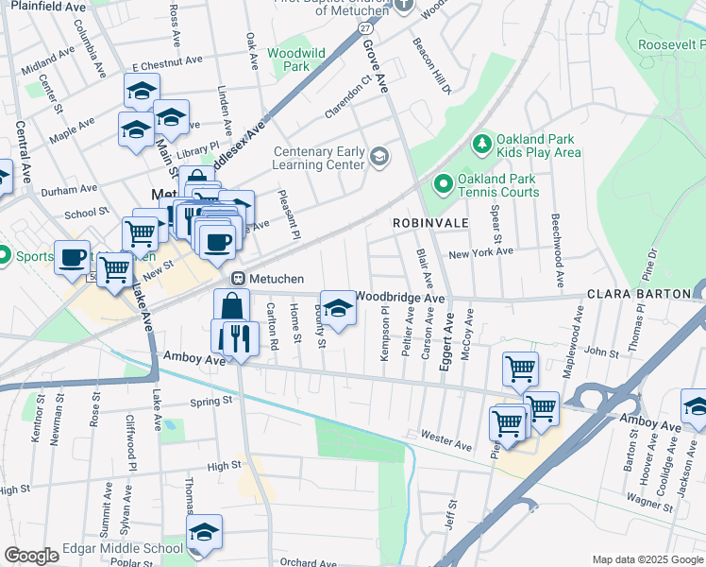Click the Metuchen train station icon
click(239, 278)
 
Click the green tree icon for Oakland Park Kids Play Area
click(482, 144)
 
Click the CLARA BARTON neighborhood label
click(640, 294)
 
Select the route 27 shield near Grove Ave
click(365, 29)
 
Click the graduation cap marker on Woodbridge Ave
click(338, 308)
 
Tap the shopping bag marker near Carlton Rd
click(232, 306)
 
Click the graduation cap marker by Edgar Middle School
click(204, 532)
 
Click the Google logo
click(31, 556)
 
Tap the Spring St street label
click(210, 401)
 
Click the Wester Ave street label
click(445, 440)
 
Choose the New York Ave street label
click(480, 252)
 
